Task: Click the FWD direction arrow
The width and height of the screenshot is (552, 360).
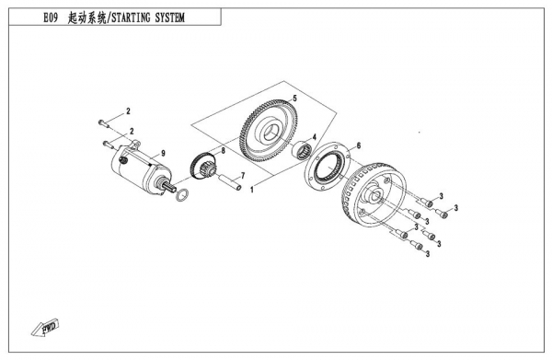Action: point(45,329)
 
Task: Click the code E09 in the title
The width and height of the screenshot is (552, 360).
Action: point(51,17)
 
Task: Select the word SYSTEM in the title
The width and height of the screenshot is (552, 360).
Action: point(169,17)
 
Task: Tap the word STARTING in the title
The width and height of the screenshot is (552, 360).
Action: point(131,17)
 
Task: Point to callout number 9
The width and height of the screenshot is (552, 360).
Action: point(163,153)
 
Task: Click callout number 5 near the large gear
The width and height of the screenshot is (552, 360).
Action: point(295,99)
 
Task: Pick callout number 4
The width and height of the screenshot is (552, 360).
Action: point(315,136)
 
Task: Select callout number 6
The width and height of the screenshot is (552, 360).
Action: point(359,145)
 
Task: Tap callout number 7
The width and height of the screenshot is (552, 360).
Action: point(243,176)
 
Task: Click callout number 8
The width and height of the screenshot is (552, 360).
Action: point(223,151)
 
